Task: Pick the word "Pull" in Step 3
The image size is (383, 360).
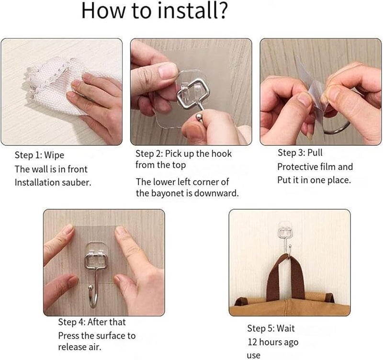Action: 315,153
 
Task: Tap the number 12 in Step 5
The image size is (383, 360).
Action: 253,342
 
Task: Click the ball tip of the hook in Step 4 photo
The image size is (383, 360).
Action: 91,287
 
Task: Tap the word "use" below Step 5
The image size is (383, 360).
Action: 254,355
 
